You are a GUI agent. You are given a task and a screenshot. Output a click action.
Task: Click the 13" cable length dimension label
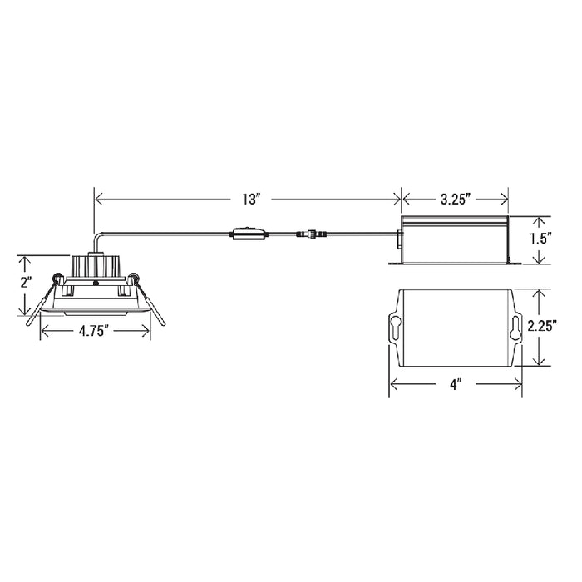250,200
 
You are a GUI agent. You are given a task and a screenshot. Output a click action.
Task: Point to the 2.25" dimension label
542,326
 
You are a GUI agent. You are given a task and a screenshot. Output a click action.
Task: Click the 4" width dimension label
455,384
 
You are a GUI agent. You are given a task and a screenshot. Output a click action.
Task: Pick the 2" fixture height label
25,284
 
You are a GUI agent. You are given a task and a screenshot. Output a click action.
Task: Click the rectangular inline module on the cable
249,234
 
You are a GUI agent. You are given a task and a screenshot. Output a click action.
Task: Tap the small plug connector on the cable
312,234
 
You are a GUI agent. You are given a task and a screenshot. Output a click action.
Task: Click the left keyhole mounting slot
396,326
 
